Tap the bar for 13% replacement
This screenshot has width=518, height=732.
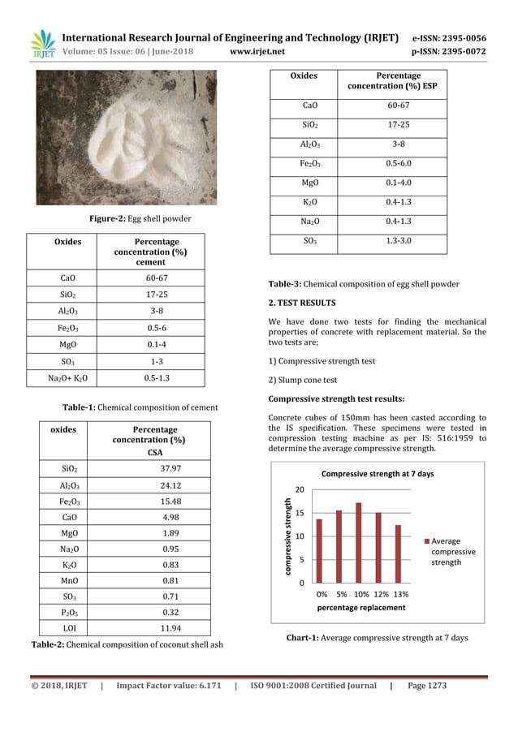tap(398, 553)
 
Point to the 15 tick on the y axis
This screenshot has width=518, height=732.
tap(301, 513)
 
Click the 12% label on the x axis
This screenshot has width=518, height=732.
tap(379, 593)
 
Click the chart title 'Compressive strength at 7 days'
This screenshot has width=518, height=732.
tap(378, 473)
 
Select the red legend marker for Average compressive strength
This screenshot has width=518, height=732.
tap(425, 540)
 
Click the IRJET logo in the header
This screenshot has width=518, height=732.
tap(41, 44)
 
